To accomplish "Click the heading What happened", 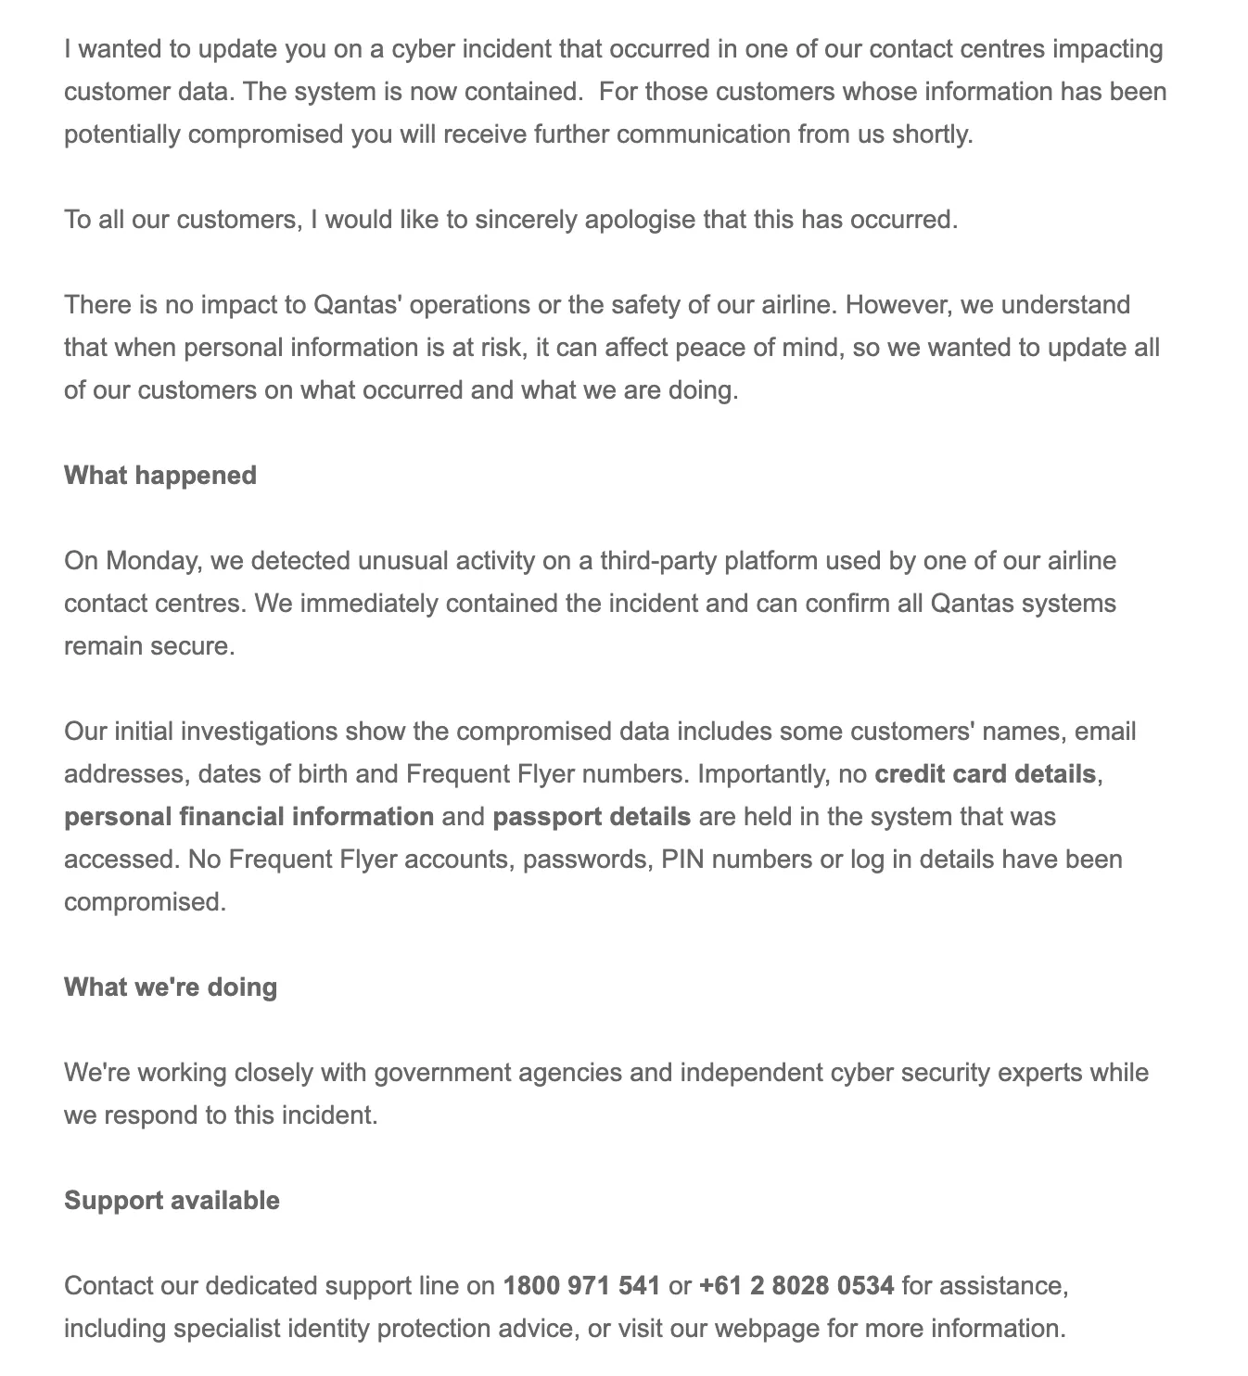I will click(160, 475).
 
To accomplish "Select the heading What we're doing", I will click(171, 987).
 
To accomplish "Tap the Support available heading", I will click(172, 1201).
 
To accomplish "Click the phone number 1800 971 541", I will click(581, 1286).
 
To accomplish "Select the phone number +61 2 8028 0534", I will click(796, 1286).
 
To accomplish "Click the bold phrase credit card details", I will click(985, 774).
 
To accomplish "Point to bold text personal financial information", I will click(248, 817).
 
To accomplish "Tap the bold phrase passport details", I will click(592, 817).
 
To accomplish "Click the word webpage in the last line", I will click(766, 1329).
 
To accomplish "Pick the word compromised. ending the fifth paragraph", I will click(145, 902).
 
